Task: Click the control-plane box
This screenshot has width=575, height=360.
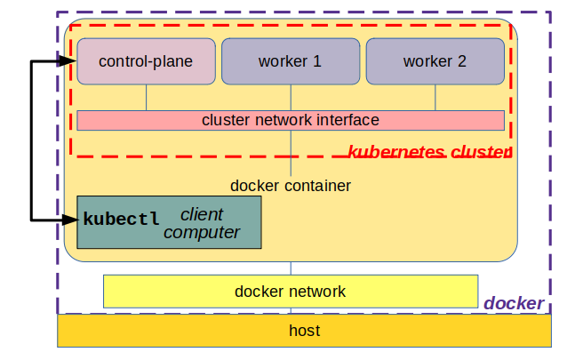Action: click(147, 61)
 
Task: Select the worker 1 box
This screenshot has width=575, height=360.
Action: click(291, 61)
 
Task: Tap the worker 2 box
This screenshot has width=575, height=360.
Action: click(435, 61)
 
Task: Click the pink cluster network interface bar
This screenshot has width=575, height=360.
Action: click(291, 120)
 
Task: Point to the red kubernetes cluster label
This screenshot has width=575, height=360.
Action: click(429, 152)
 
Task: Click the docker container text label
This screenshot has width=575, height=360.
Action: click(291, 186)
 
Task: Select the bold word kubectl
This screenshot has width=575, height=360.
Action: click(122, 219)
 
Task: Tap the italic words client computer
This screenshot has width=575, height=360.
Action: click(202, 224)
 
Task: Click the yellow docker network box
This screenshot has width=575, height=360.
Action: click(291, 291)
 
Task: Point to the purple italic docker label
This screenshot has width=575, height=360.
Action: click(514, 303)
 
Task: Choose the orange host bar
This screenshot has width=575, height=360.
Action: click(305, 331)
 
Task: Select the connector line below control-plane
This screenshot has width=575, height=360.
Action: click(147, 97)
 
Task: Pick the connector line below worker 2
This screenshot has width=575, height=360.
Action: click(435, 97)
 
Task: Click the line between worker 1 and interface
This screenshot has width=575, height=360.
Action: click(291, 97)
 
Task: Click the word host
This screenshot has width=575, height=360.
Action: click(305, 331)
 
